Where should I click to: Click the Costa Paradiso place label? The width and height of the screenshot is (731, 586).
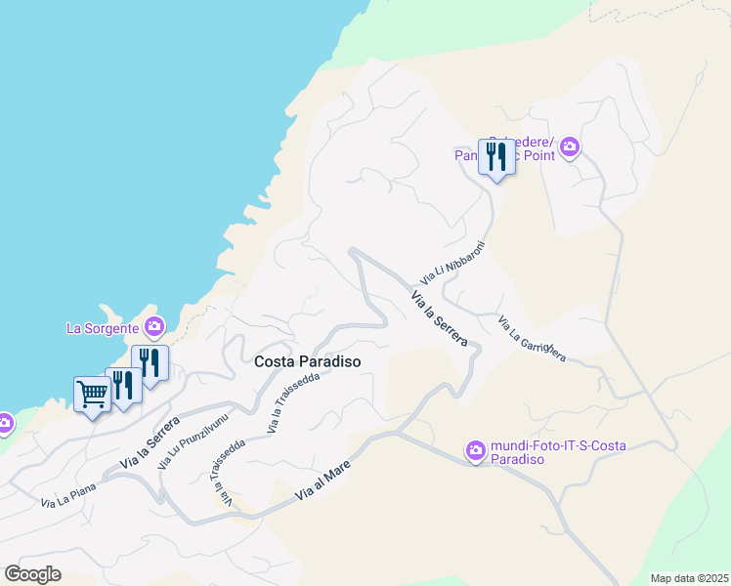pyautogui.click(x=307, y=361)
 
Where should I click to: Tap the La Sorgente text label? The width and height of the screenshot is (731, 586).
pyautogui.click(x=102, y=327)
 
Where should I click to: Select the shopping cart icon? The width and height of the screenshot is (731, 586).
pyautogui.click(x=92, y=395)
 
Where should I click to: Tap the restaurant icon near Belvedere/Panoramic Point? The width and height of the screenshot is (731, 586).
pyautogui.click(x=496, y=155)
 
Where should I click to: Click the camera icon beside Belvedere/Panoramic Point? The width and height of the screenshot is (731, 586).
pyautogui.click(x=570, y=148)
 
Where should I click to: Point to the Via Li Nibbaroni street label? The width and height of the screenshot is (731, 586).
pyautogui.click(x=452, y=264)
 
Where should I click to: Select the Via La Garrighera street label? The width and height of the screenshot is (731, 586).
pyautogui.click(x=532, y=339)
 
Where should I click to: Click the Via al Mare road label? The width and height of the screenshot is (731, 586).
pyautogui.click(x=322, y=482)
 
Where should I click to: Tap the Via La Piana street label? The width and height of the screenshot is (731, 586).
pyautogui.click(x=66, y=498)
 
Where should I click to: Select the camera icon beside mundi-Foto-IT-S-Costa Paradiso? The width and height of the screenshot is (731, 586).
pyautogui.click(x=476, y=451)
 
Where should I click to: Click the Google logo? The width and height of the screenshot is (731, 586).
pyautogui.click(x=32, y=574)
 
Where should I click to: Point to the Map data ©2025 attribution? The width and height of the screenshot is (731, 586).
pyautogui.click(x=689, y=577)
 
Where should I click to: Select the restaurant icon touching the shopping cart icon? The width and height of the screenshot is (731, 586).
pyautogui.click(x=123, y=384)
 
